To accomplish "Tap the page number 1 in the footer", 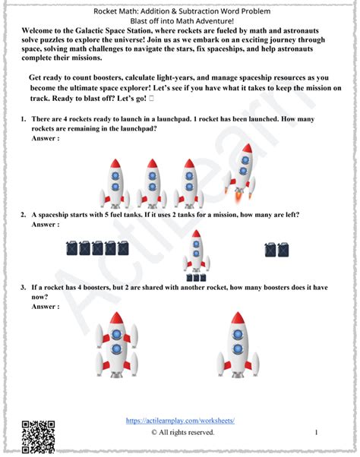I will (x=316, y=433).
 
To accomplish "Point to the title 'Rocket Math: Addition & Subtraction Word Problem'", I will (x=180, y=12).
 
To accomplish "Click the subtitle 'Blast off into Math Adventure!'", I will (x=180, y=22).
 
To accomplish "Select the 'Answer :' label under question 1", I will (x=46, y=139).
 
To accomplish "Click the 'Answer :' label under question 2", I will (x=46, y=225).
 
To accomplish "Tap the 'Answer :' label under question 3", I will (x=46, y=307).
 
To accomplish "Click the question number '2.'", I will (x=25, y=215).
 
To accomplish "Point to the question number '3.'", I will (x=25, y=288).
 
